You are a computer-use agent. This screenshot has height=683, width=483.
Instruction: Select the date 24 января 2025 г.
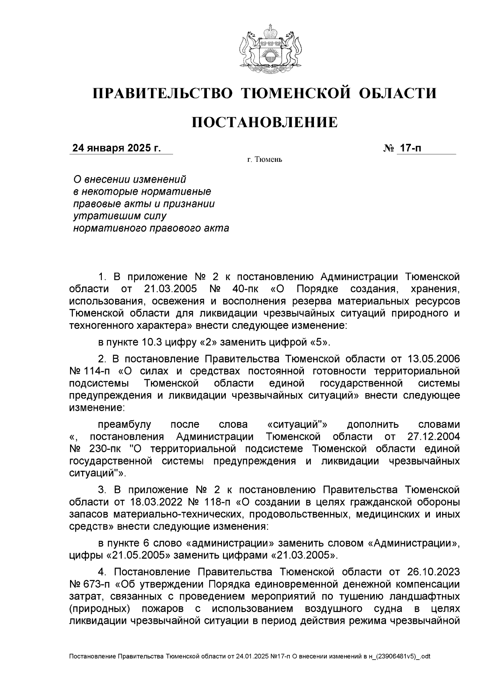pos(116,148)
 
